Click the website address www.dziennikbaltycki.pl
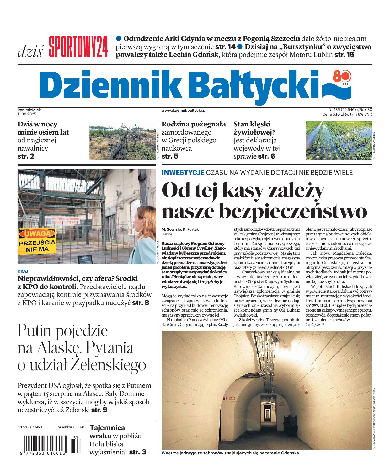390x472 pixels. click(184, 111)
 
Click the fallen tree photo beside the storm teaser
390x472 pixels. click(122, 141)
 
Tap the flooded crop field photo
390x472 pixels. click(338, 141)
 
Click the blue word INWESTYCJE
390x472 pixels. click(183, 173)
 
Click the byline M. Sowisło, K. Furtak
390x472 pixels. click(180, 229)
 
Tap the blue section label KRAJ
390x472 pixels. click(23, 271)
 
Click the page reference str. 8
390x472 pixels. click(141, 303)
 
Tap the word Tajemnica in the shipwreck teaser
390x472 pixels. click(107, 428)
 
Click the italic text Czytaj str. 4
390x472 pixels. click(315, 325)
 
